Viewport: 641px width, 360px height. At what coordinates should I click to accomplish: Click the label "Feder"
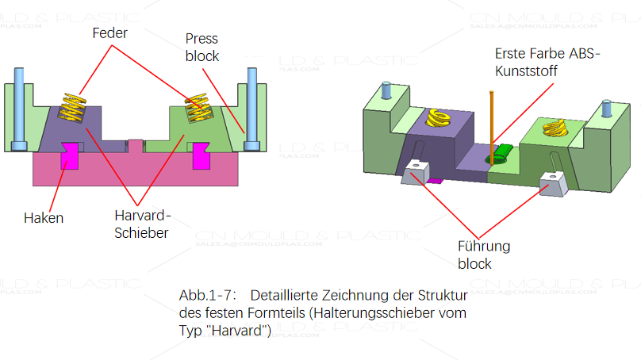pos(109,34)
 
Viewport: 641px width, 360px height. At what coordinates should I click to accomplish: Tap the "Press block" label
pos(202,48)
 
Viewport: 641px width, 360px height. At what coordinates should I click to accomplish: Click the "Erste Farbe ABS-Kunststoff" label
pos(548,62)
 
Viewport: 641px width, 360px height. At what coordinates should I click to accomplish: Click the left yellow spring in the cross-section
pos(72,108)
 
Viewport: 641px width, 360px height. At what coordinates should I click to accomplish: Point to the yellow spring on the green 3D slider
pos(553,128)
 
